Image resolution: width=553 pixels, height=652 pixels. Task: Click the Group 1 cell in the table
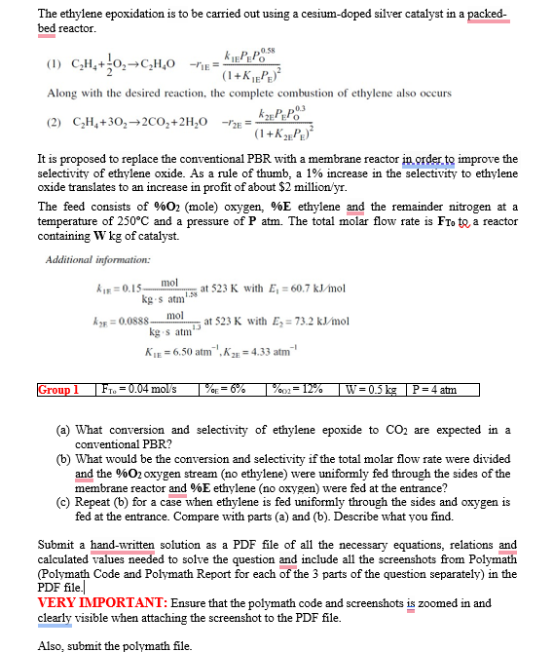coord(57,390)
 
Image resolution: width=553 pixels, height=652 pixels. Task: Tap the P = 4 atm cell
coord(432,390)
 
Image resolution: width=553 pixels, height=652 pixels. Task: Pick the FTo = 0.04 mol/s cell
coord(140,390)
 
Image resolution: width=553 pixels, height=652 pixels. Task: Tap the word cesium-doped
coord(297,14)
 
